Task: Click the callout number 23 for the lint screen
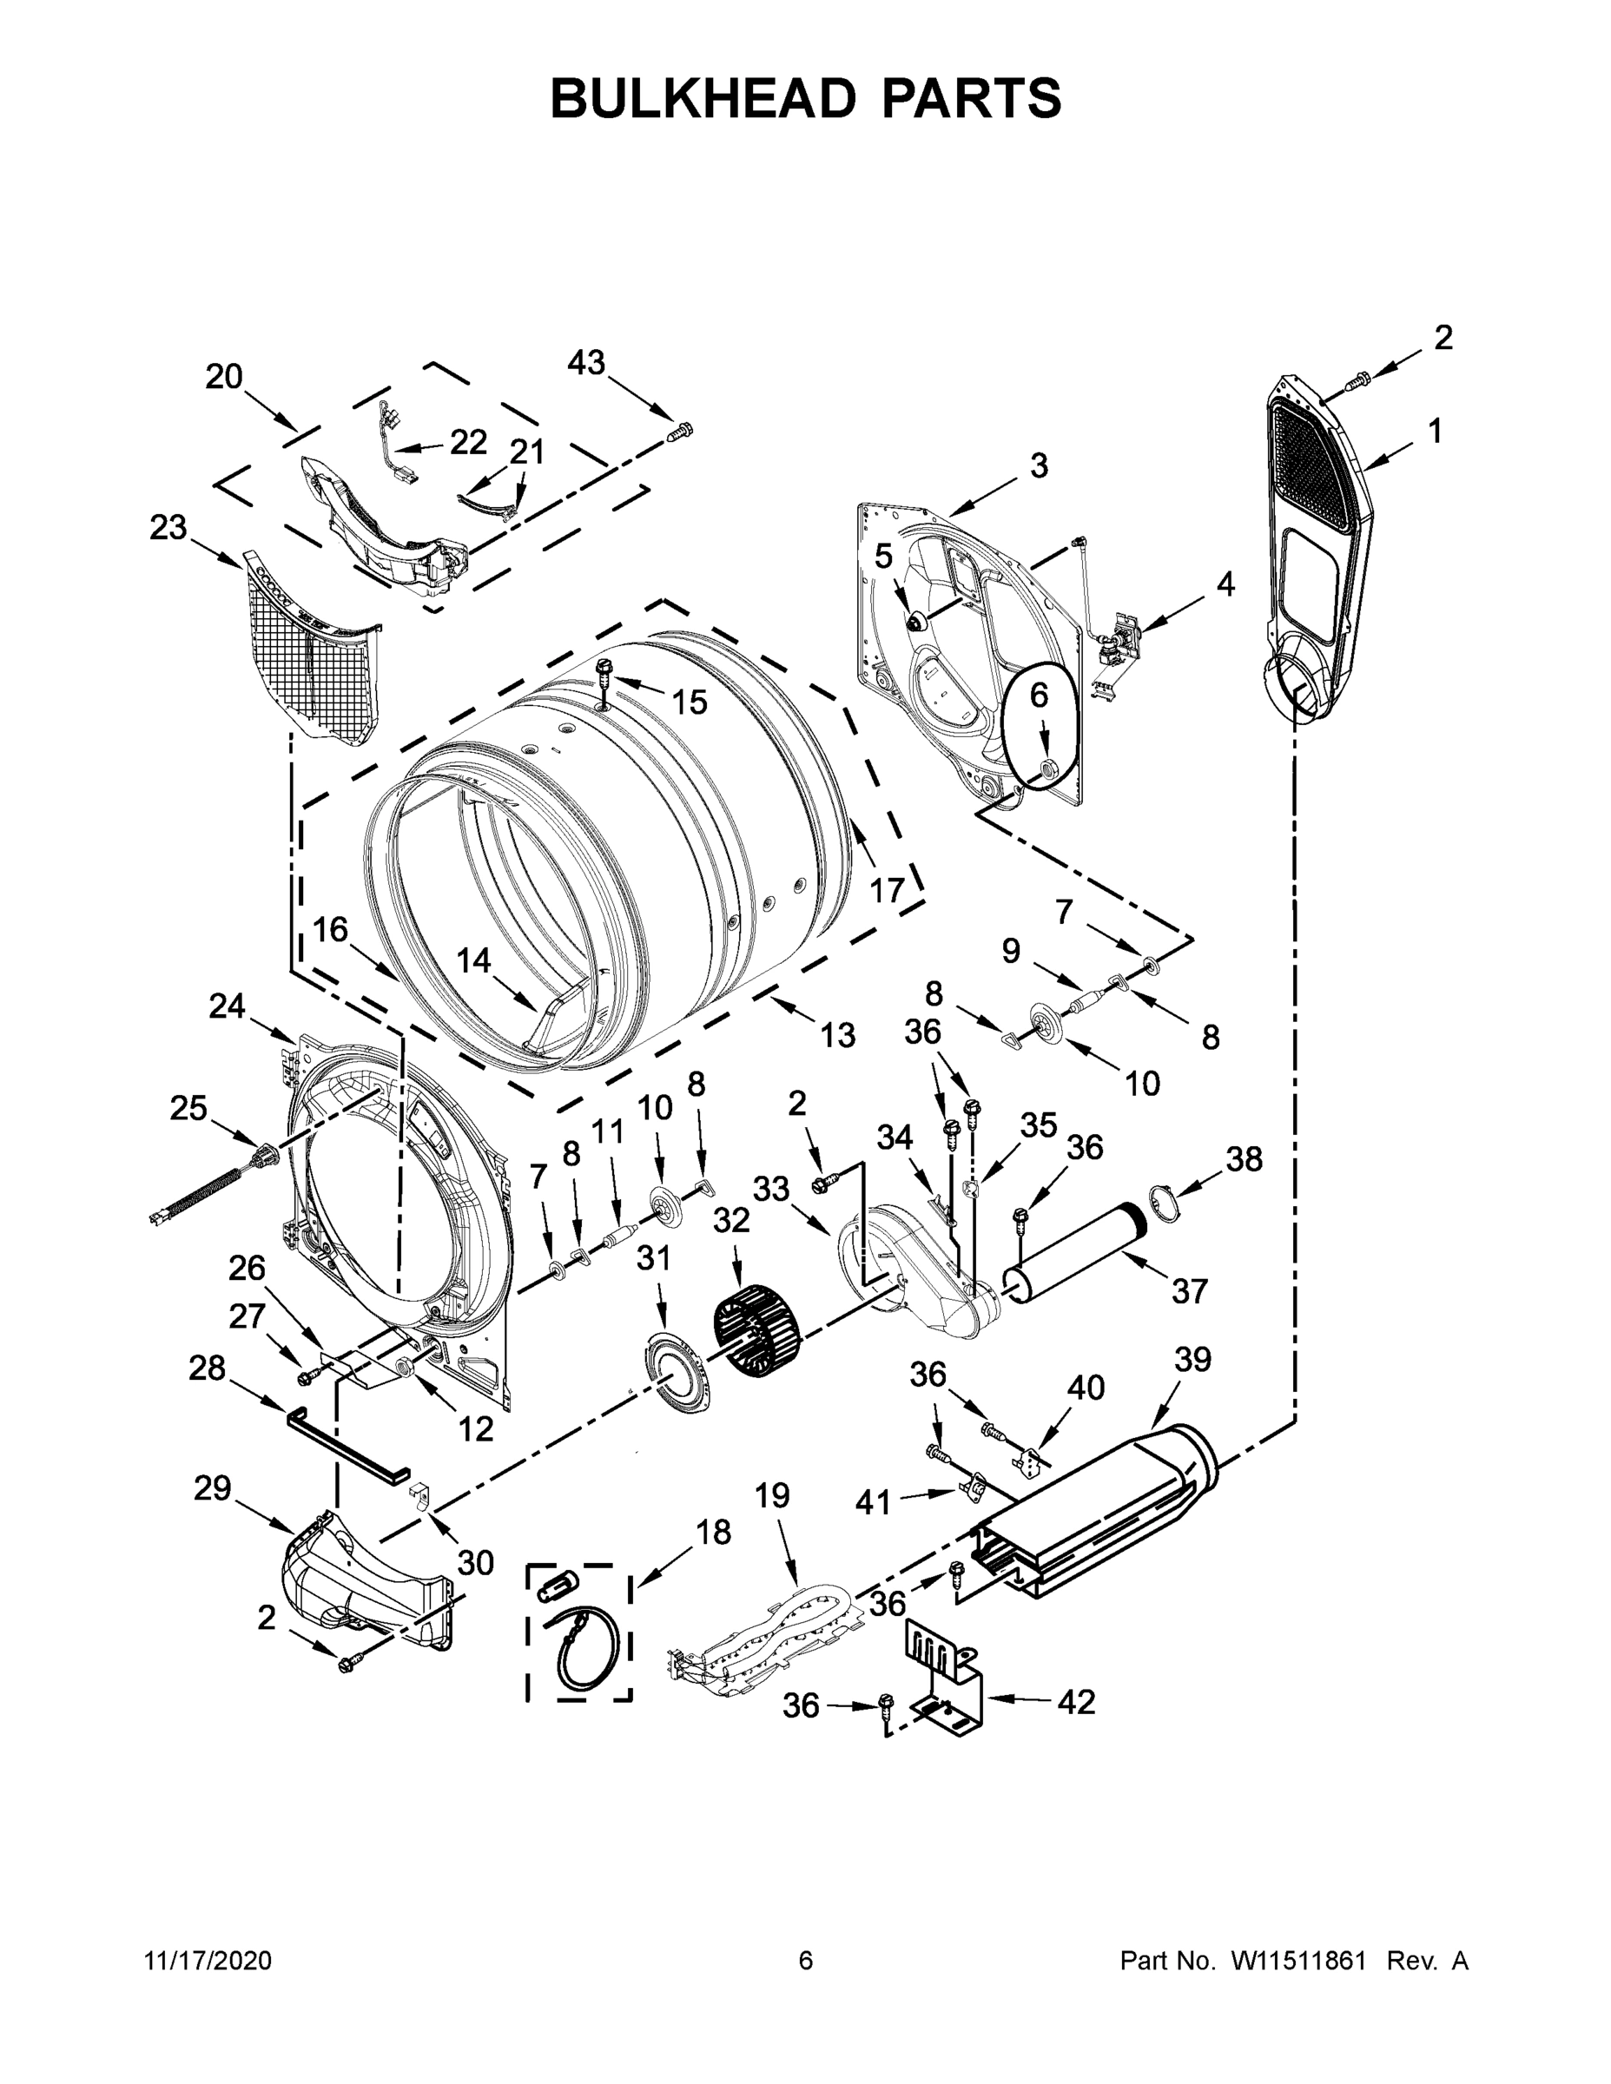click(x=168, y=527)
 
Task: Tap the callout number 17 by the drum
click(x=887, y=890)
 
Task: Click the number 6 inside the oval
click(x=1039, y=696)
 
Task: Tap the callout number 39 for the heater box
click(x=1192, y=1359)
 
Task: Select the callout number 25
click(x=188, y=1108)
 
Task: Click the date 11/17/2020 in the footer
click(x=207, y=1961)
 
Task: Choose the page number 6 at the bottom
click(x=806, y=1961)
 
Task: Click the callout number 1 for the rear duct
click(x=1435, y=432)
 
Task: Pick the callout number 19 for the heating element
click(x=772, y=1494)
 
